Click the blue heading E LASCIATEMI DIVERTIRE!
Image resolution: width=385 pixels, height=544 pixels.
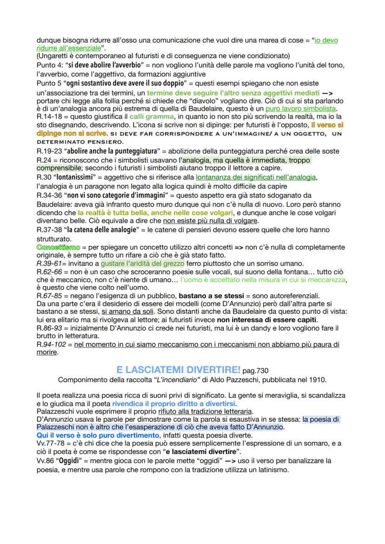pyautogui.click(x=179, y=370)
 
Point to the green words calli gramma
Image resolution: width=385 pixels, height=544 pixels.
pyautogui.click(x=152, y=116)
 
